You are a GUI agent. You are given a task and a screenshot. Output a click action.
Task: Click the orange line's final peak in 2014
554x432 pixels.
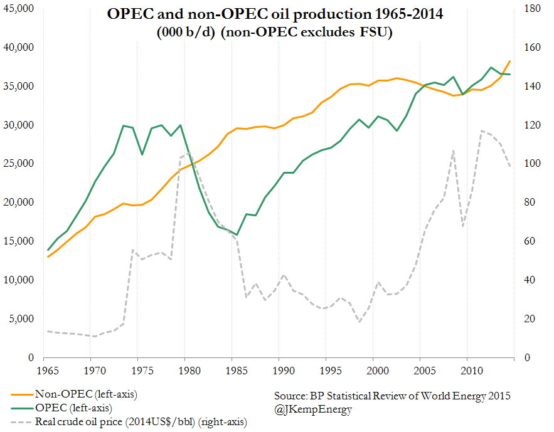(x=510, y=61)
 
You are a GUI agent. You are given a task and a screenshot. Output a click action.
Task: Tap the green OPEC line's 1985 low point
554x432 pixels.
(x=236, y=234)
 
